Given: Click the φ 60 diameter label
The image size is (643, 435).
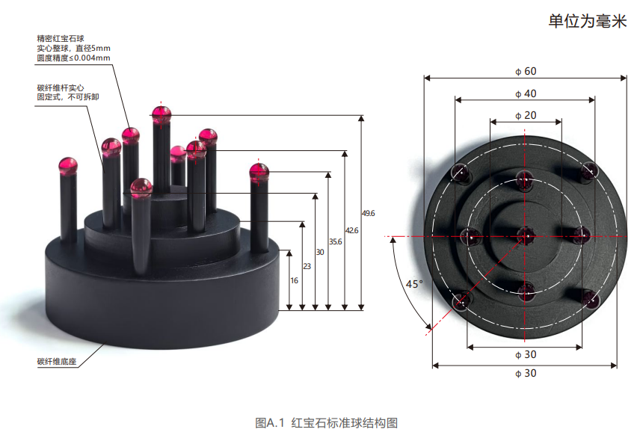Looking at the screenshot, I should [526, 72].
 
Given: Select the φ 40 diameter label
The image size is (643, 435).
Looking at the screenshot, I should [526, 94].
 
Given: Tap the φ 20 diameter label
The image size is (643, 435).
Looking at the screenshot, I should [526, 116].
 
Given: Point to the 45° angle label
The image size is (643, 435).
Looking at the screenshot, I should [413, 284].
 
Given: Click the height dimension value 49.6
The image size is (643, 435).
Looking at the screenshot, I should [368, 214].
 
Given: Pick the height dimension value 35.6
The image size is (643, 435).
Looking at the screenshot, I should [335, 241].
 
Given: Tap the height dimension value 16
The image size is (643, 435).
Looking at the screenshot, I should [294, 280].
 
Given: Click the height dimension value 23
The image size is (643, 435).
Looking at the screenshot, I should [307, 266].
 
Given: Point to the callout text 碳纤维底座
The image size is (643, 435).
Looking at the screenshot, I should [57, 362].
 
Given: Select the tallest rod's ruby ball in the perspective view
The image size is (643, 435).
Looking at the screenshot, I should [161, 114].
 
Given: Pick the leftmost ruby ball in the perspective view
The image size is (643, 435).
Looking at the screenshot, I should [68, 165].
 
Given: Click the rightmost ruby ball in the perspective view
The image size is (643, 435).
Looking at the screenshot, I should [259, 173].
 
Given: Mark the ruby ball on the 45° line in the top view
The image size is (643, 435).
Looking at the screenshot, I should [463, 301].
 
